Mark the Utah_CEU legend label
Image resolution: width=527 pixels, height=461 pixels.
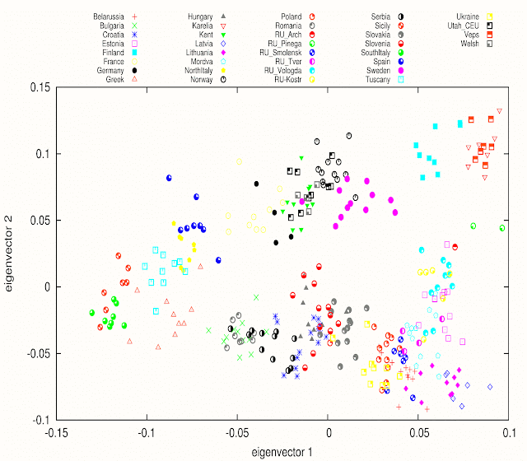pos(463,25)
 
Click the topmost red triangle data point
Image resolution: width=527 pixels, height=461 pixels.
pos(499,110)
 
